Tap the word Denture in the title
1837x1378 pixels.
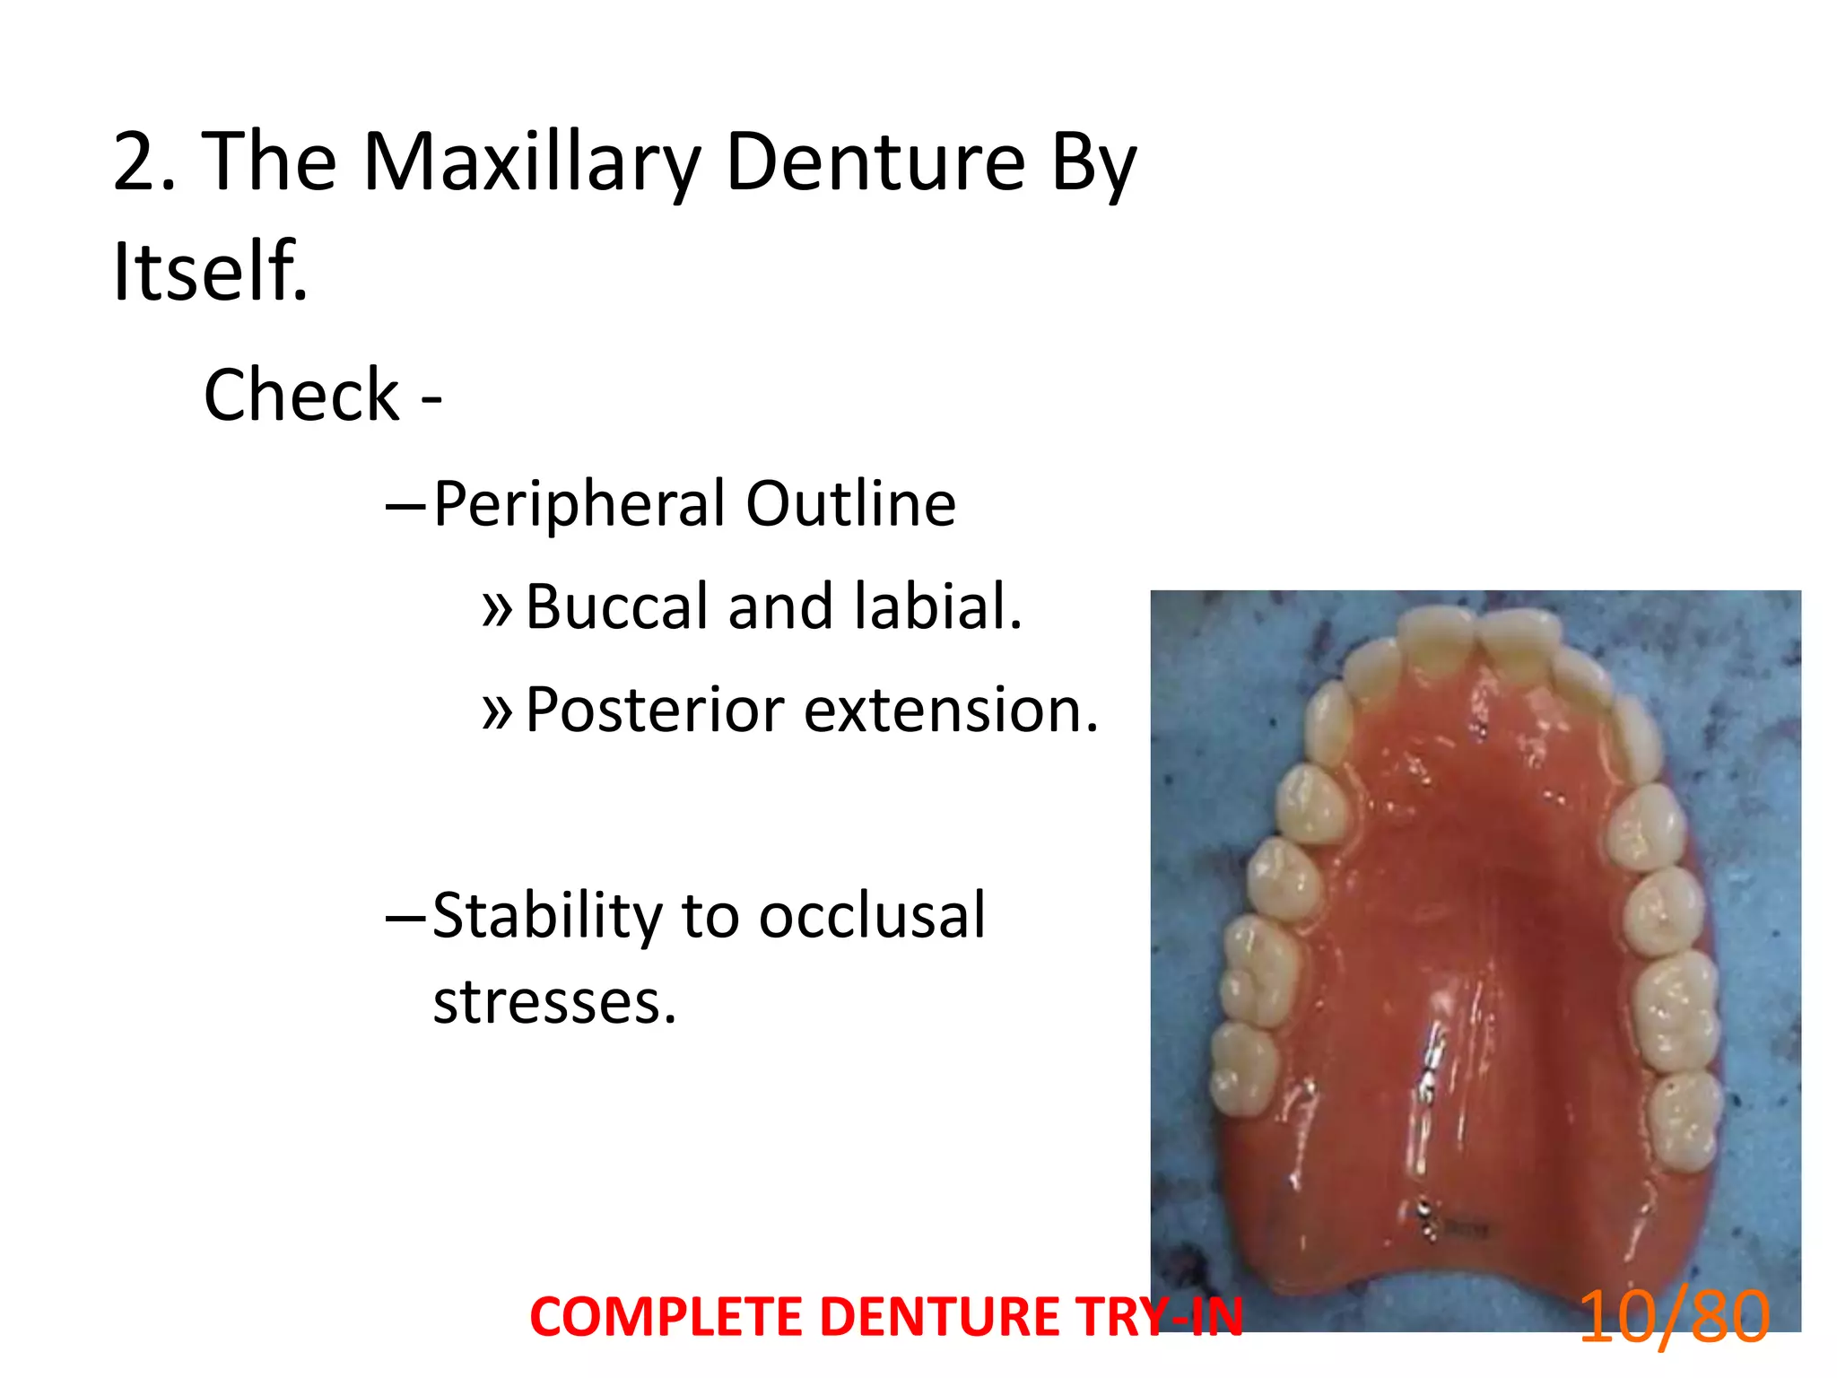tap(875, 163)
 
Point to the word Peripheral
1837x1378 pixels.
tap(579, 504)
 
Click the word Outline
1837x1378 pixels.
tap(850, 504)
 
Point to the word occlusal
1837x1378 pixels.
tap(872, 917)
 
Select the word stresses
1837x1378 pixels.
tap(553, 1002)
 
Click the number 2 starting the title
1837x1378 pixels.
tap(135, 163)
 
